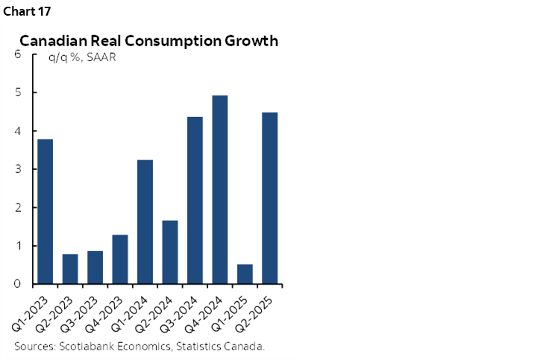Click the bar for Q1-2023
point(45,212)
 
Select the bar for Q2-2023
point(70,269)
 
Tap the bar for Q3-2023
point(95,268)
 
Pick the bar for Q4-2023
point(120,259)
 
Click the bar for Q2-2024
point(169,252)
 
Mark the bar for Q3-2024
point(195,200)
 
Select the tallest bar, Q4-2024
point(219,190)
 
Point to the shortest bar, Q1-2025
point(244,274)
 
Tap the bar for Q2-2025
point(269,198)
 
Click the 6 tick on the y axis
point(17,54)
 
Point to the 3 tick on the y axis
point(17,169)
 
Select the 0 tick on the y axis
point(17,284)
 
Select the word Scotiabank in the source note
point(92,347)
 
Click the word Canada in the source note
point(245,347)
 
